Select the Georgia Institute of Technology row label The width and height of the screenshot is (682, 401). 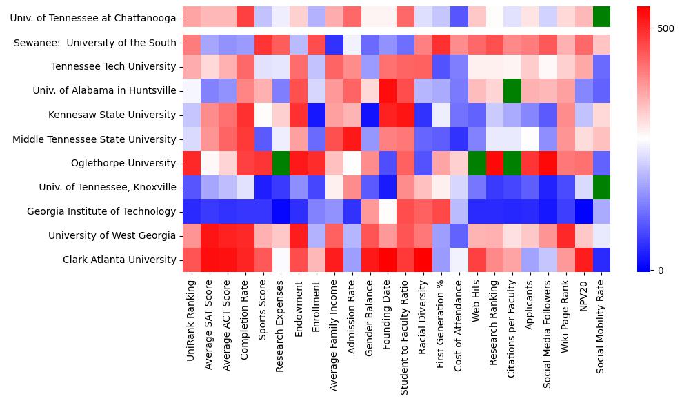(101, 212)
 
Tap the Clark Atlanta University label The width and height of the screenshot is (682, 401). (119, 260)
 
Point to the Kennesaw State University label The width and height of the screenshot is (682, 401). (112, 115)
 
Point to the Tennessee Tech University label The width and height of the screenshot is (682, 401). (114, 67)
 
